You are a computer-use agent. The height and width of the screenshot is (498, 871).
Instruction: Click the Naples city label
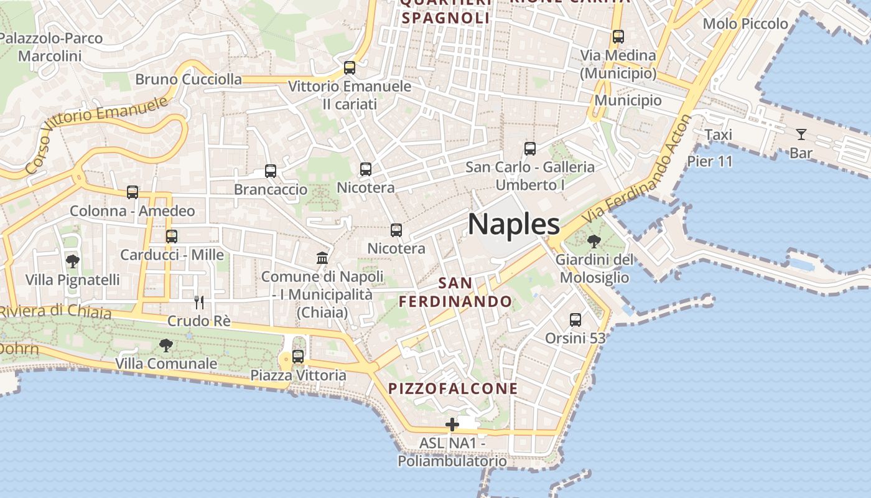(x=513, y=223)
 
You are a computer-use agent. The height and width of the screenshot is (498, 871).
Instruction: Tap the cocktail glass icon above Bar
(x=801, y=134)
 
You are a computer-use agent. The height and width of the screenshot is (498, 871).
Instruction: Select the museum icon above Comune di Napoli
(x=322, y=258)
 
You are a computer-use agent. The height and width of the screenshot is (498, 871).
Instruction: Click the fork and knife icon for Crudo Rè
(x=199, y=303)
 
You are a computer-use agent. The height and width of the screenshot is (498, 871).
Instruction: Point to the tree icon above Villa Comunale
(x=166, y=345)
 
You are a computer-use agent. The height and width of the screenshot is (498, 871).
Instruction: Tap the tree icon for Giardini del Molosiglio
(x=594, y=241)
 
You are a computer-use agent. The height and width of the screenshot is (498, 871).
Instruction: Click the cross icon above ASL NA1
(x=452, y=425)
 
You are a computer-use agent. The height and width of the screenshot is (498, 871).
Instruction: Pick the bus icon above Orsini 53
(x=575, y=320)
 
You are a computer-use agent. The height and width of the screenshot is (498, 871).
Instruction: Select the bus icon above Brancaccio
(x=271, y=171)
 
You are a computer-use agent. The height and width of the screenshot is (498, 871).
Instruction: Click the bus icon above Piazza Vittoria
(x=298, y=357)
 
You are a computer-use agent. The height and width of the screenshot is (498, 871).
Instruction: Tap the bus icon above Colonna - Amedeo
(x=133, y=192)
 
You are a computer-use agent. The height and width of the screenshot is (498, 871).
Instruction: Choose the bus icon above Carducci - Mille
(x=172, y=237)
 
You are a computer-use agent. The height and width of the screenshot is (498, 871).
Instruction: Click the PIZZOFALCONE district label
(x=453, y=388)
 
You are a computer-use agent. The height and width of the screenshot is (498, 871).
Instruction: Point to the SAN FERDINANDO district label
(x=455, y=292)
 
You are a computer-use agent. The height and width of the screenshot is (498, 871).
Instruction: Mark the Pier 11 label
(x=710, y=161)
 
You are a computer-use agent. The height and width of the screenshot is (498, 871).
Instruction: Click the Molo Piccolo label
(x=745, y=24)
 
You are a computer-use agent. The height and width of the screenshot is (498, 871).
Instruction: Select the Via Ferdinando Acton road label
(x=638, y=171)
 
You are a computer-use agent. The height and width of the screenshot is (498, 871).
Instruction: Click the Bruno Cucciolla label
(x=189, y=79)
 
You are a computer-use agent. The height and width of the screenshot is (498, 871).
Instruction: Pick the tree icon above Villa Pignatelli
(x=73, y=261)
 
